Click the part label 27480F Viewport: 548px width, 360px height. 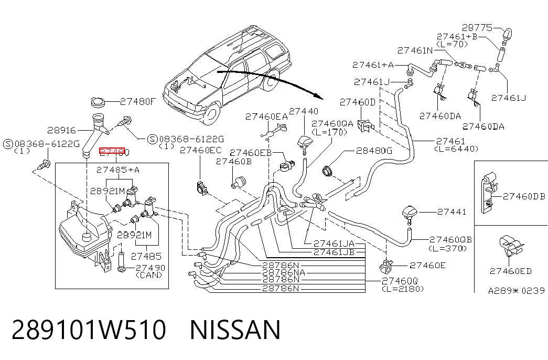[138, 102]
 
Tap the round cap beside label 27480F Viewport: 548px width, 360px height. [98, 102]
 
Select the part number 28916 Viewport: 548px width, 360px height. [61, 130]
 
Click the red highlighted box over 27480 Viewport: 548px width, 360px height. [112, 152]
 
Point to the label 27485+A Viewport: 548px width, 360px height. [118, 170]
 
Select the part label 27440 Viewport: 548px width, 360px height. [304, 111]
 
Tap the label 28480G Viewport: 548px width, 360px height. [374, 151]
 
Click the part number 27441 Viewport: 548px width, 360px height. [452, 211]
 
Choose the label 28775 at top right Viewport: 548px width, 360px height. [477, 27]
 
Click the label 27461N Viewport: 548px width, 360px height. [415, 50]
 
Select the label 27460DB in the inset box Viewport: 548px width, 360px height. [524, 196]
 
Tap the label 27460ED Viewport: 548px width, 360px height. [511, 271]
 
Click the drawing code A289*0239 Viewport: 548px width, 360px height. [516, 290]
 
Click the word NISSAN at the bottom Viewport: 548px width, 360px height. [235, 330]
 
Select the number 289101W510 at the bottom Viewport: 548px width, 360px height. [89, 330]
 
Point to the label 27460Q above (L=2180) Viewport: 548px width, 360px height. [400, 281]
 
